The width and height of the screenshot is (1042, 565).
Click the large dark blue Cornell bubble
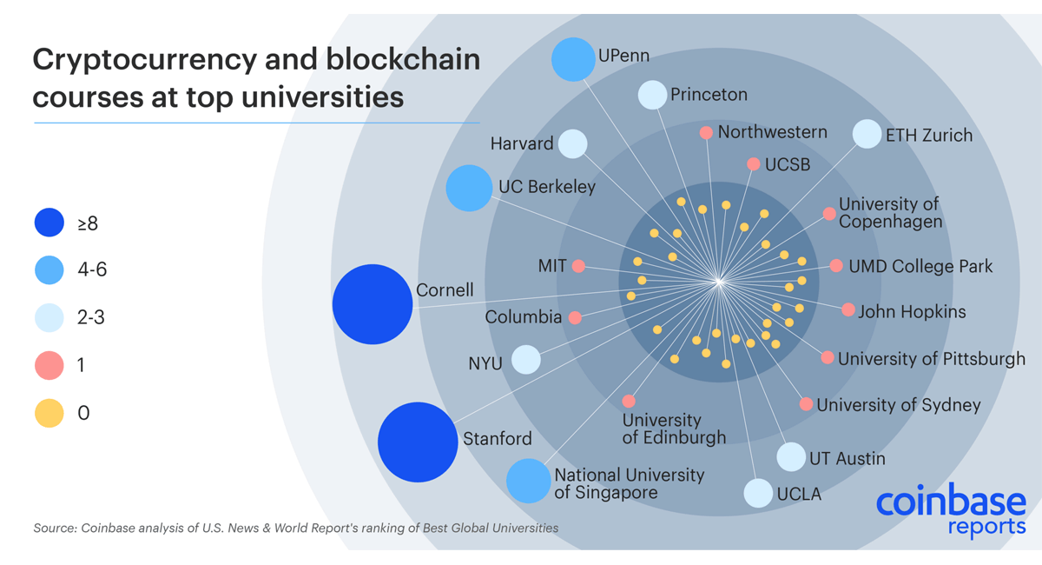coord(372,304)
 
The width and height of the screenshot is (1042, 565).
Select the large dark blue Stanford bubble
coord(418,442)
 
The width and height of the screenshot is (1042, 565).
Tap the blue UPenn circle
coord(573,59)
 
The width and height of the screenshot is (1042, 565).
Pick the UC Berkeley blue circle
coord(469,189)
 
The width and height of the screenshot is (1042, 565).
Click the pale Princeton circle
coord(652,95)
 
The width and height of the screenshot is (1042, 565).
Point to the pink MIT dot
coord(578,266)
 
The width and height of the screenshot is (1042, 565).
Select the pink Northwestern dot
coord(706,133)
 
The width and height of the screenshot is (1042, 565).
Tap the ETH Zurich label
coord(929,136)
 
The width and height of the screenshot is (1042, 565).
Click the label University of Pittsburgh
coord(931,358)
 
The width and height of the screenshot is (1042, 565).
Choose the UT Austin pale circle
coord(791,456)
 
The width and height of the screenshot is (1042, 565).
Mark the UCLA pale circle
coord(758,493)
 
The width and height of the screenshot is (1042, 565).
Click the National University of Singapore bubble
coord(528,481)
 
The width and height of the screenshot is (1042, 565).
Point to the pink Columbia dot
coord(575,318)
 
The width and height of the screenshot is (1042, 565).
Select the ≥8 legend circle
coord(49,223)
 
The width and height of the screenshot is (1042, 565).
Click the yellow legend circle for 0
coord(49,412)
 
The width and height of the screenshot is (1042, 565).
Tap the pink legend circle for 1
coord(49,365)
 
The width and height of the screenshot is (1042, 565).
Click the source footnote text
coord(295,528)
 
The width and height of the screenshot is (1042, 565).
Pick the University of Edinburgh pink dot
coord(629,402)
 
